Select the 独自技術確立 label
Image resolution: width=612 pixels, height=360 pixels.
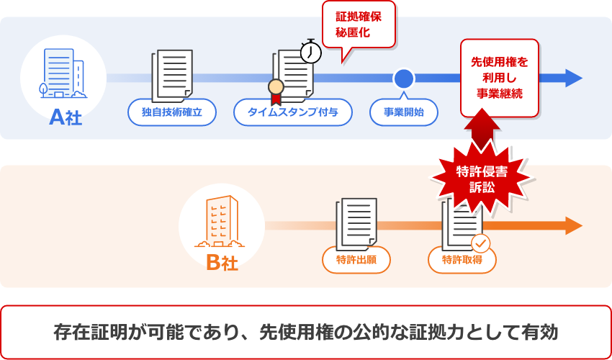(171, 112)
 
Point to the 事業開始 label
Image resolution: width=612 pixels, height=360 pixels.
(403, 112)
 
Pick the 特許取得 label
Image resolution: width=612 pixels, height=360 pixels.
(462, 260)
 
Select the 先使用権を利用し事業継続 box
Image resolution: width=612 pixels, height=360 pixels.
(499, 78)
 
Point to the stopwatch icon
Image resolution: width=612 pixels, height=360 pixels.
(310, 51)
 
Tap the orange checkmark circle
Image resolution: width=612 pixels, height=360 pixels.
(480, 243)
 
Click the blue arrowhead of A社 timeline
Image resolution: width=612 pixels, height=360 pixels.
(574, 78)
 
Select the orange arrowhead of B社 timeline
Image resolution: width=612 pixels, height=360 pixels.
(574, 225)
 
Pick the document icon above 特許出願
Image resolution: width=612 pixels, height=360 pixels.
(356, 222)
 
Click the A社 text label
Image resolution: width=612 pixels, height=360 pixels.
(66, 117)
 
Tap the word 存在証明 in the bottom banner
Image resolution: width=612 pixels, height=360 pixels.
(89, 332)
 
